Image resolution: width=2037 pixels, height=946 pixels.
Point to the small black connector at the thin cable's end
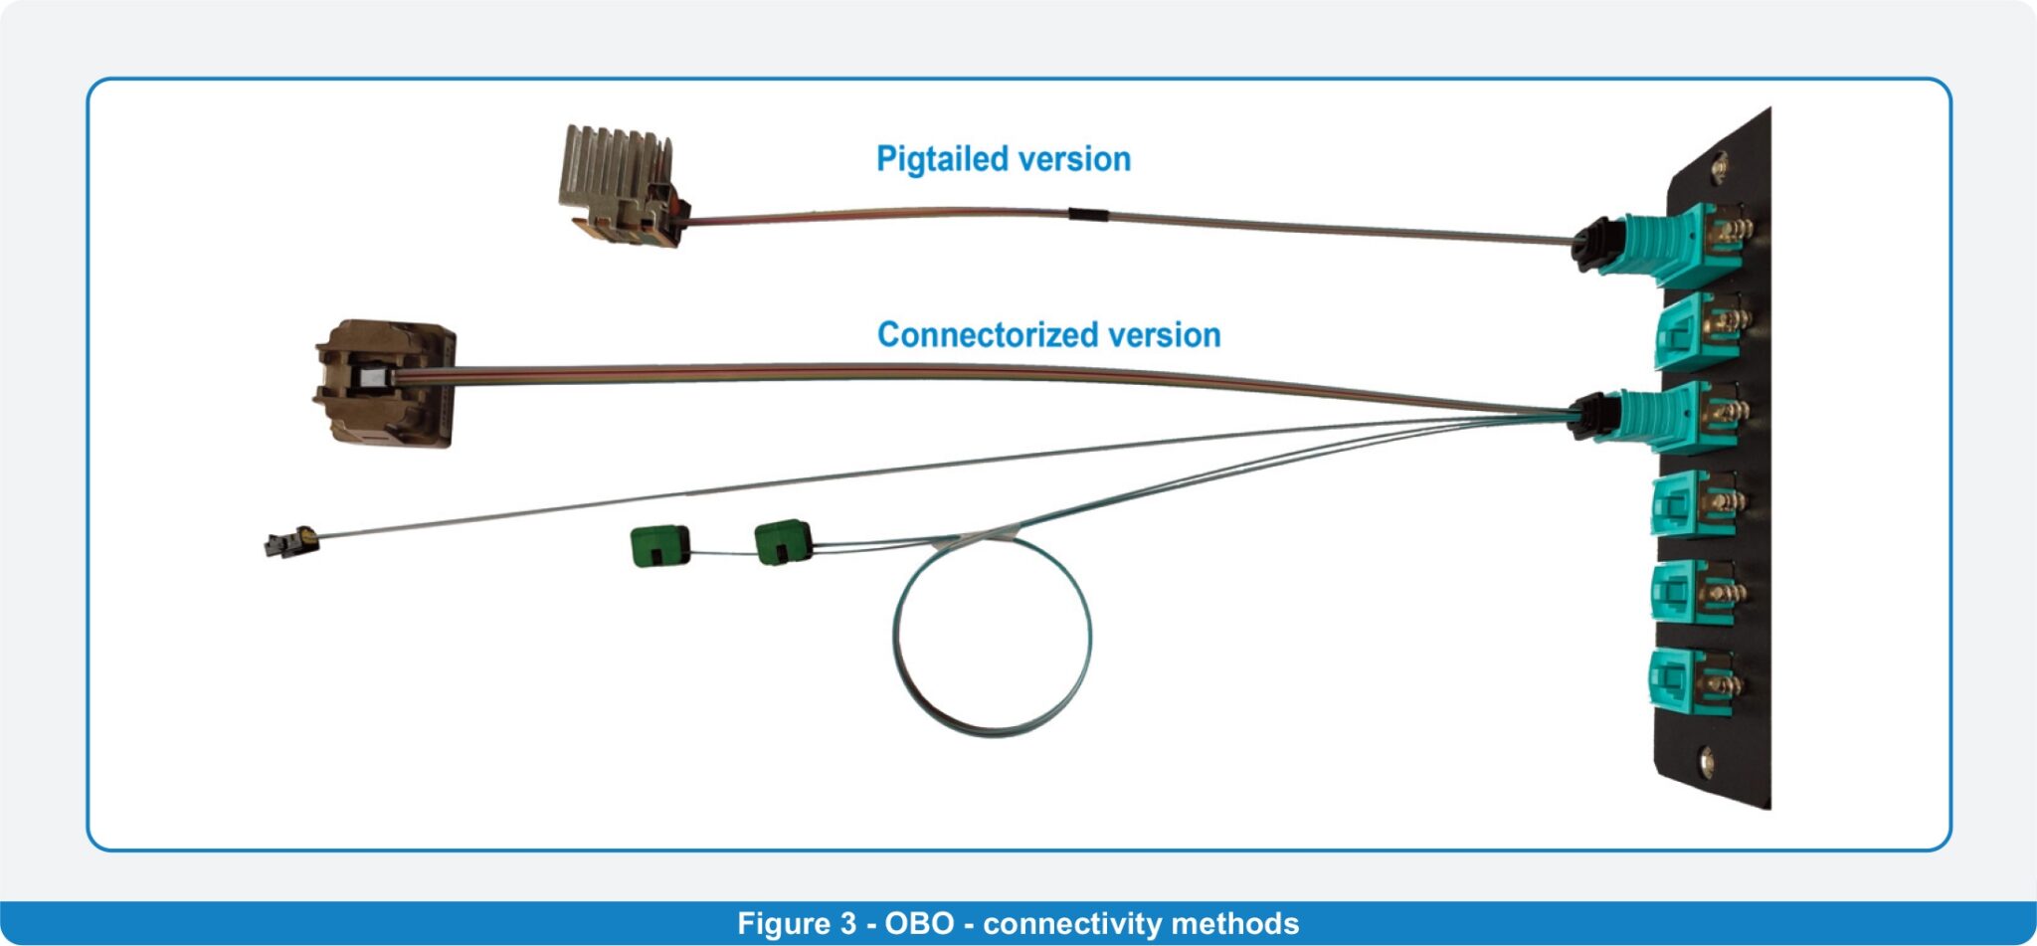[290, 543]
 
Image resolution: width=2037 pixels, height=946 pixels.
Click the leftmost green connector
[659, 546]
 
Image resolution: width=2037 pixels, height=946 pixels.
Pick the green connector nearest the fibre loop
[783, 541]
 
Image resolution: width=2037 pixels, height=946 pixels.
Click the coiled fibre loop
[992, 637]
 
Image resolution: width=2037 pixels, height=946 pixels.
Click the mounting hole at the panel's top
[1718, 166]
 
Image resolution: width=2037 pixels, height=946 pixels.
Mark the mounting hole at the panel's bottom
[1706, 762]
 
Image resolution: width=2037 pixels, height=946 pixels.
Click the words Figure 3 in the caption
[796, 923]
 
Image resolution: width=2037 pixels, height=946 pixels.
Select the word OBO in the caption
[919, 923]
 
